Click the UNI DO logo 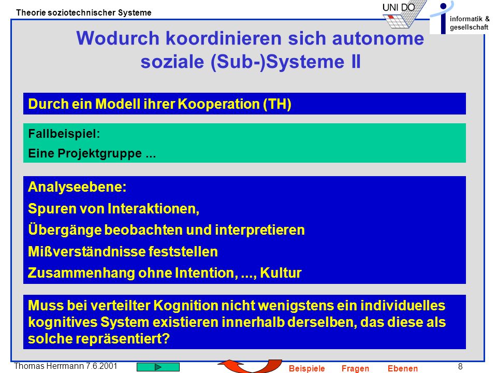404,15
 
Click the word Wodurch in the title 118,38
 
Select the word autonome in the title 378,39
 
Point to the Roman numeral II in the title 356,62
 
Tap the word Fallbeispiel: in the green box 64,134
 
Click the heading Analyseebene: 77,187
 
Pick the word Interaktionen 153,209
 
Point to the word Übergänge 64,229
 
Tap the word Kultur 281,273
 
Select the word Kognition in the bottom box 186,306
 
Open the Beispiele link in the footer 307,368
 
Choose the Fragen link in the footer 355,368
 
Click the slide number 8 460,366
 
